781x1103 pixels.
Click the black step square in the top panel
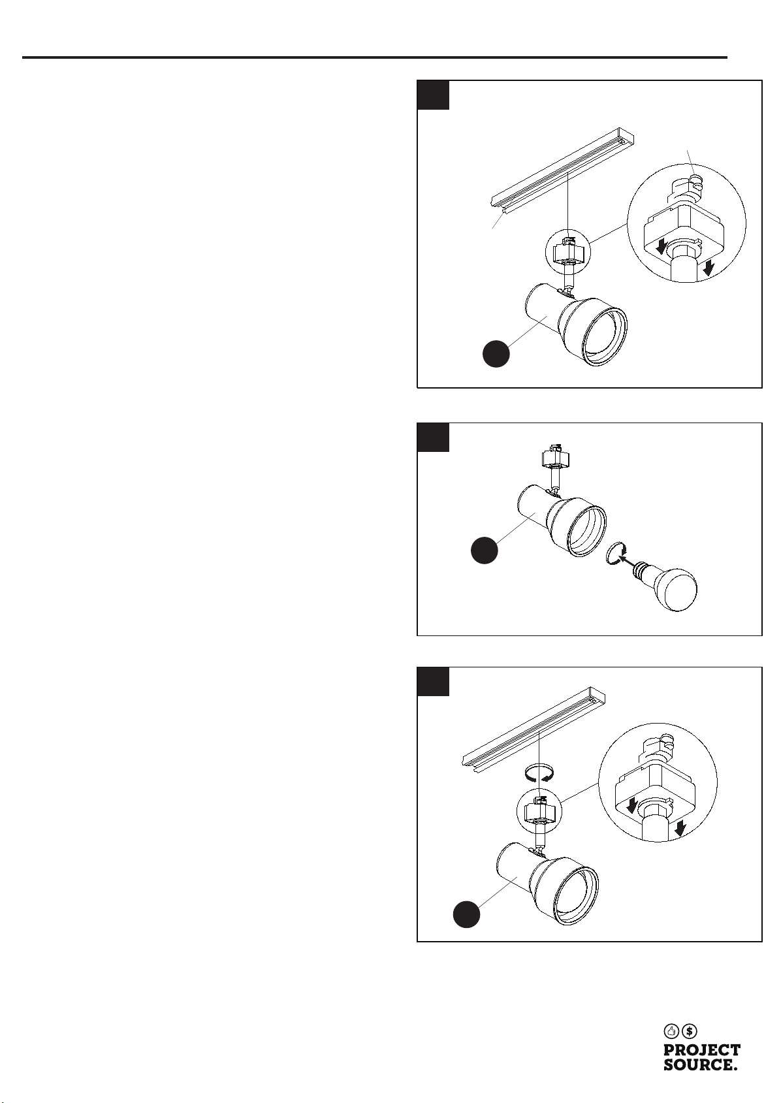[x=434, y=95]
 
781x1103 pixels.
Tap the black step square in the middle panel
[x=434, y=438]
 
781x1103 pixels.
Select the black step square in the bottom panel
[x=434, y=682]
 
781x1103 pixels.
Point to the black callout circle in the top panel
[x=496, y=353]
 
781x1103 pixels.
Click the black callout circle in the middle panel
[x=485, y=550]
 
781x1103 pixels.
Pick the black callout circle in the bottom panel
[x=467, y=914]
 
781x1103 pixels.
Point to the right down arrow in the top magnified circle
[x=709, y=267]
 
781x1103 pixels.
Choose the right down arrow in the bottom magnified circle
[x=680, y=829]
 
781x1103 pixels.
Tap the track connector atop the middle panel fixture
[x=552, y=456]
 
